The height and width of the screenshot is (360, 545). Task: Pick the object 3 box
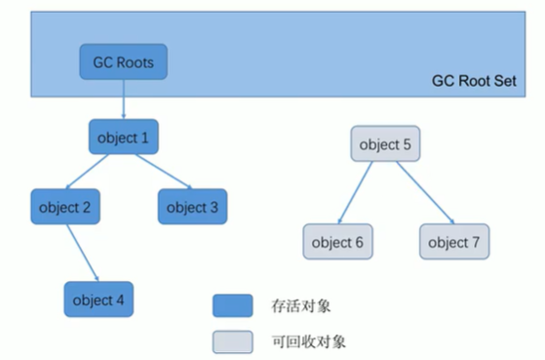192,207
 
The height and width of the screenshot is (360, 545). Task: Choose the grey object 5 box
385,145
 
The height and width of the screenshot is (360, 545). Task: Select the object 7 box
454,242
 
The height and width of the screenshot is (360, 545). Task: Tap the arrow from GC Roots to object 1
124,100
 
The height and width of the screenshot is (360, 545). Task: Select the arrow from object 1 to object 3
158,173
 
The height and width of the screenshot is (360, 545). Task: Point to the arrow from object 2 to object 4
83,254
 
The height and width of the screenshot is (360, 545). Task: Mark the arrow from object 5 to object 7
417,193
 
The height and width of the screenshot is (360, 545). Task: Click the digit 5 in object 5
407,145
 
